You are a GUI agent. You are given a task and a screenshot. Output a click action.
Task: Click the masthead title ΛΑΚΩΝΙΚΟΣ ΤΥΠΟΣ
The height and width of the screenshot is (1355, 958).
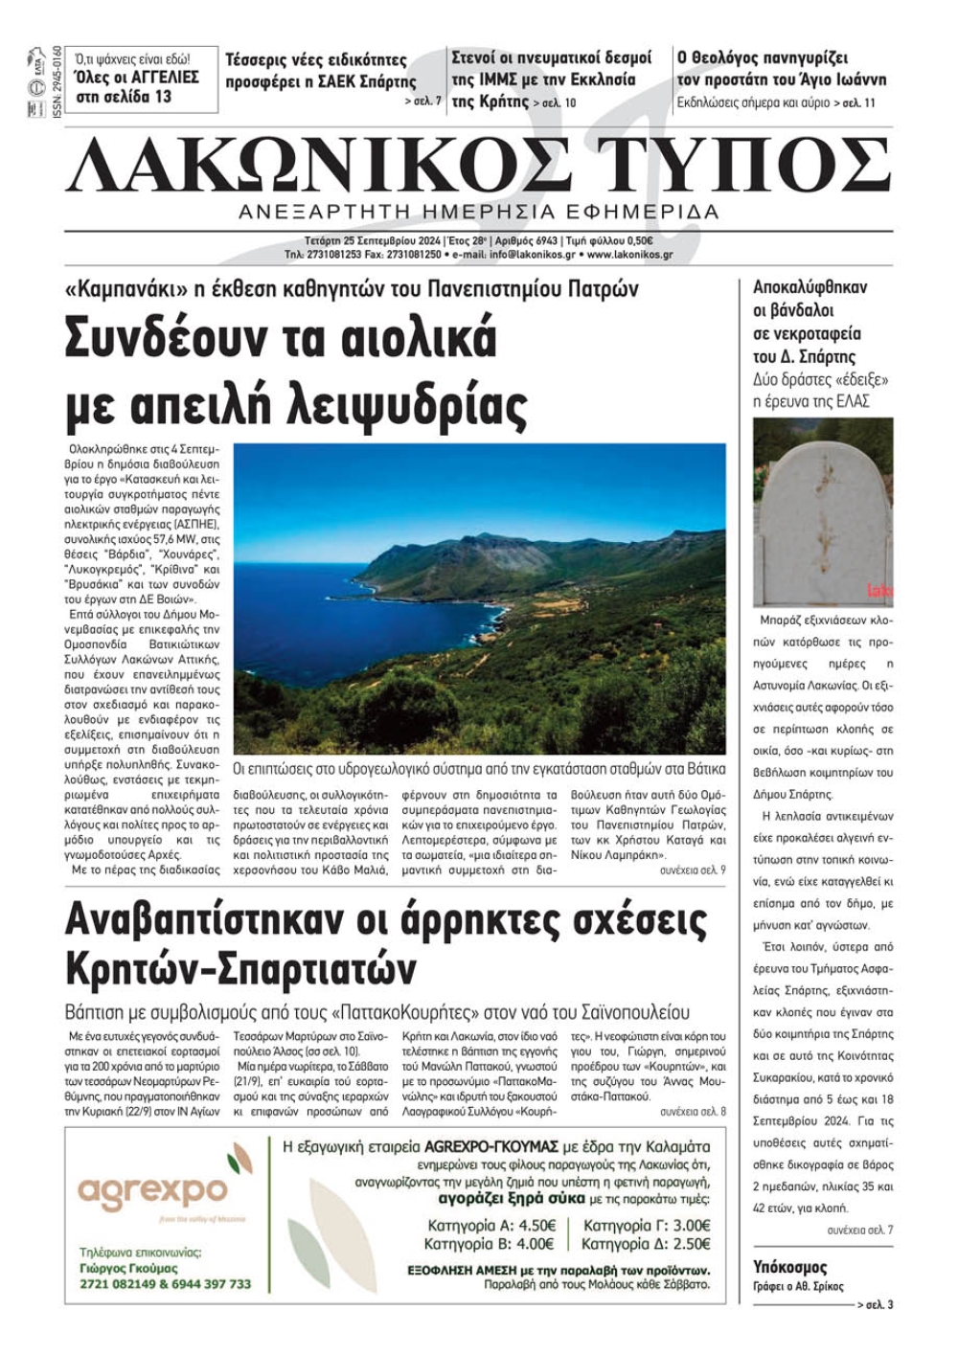(x=479, y=166)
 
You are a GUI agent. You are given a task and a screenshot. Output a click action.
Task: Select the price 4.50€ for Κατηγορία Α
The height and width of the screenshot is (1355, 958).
(x=537, y=1226)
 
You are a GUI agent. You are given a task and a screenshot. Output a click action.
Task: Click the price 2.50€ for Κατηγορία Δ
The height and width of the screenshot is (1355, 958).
(x=692, y=1244)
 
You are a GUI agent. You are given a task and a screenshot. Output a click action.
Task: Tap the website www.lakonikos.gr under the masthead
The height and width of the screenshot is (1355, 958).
(x=629, y=256)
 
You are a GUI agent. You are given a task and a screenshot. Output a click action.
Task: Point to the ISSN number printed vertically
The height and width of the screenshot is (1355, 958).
(x=57, y=81)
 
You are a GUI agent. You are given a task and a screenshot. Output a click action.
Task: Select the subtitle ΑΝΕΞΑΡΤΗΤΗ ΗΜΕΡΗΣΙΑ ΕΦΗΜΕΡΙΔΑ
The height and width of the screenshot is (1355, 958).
(x=479, y=212)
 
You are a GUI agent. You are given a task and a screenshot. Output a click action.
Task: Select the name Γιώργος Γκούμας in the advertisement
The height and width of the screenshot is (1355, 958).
(x=128, y=1268)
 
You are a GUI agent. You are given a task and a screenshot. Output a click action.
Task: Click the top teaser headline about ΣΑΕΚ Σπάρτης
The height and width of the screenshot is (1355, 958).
(x=320, y=70)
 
